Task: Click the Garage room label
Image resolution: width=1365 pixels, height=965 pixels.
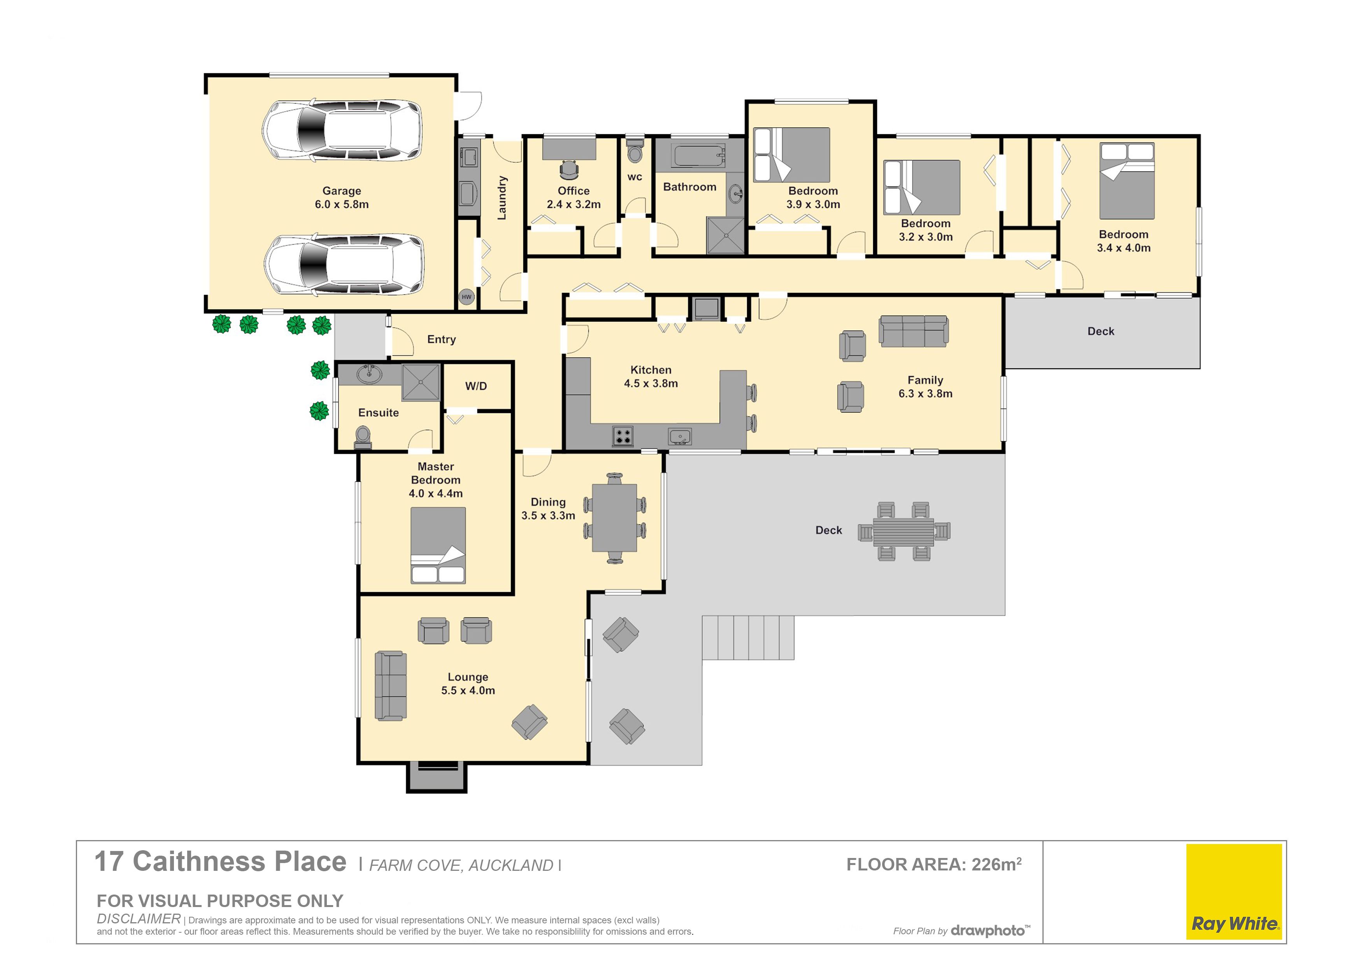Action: click(x=342, y=191)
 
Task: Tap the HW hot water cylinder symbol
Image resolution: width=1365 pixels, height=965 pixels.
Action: click(x=467, y=297)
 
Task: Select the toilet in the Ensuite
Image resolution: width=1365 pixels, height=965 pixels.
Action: click(x=363, y=437)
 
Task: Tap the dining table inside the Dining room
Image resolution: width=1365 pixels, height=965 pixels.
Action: click(x=615, y=518)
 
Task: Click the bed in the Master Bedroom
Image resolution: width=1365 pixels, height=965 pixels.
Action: click(x=438, y=545)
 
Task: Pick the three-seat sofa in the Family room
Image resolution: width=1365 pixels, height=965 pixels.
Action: click(x=914, y=331)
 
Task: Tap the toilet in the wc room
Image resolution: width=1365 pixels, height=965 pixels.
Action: click(x=635, y=151)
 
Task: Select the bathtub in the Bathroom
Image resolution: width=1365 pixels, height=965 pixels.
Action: click(x=698, y=156)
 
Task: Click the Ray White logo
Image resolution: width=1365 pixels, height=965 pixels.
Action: click(x=1234, y=892)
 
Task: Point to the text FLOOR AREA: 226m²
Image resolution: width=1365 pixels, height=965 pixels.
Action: click(x=934, y=864)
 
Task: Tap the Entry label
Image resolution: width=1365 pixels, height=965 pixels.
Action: click(x=442, y=340)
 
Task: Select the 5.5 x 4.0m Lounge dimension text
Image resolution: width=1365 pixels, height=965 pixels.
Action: click(x=468, y=690)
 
